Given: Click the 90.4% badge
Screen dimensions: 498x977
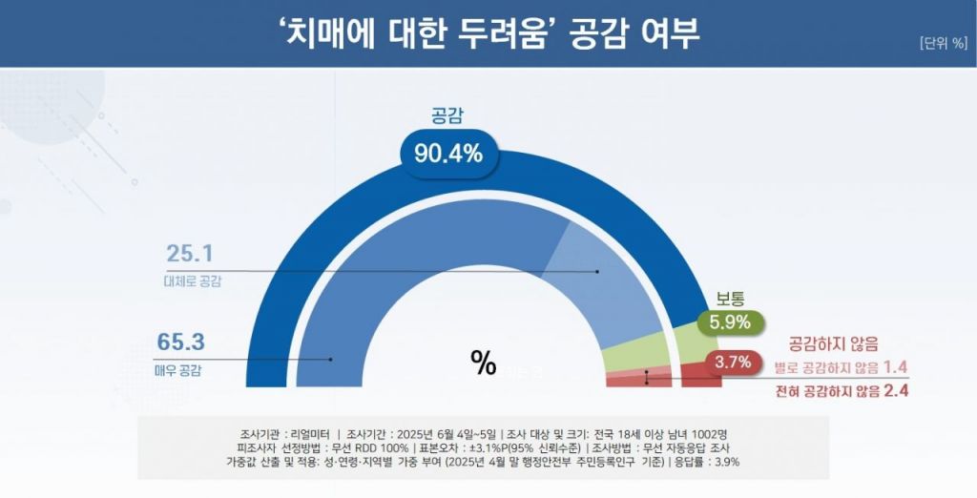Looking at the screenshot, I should (448, 153).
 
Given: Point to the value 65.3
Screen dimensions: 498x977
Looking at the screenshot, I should (184, 341).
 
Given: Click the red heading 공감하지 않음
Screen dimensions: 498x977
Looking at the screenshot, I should (833, 342).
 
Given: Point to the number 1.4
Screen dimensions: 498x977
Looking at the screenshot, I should (894, 367).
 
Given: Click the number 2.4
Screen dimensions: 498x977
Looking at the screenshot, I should (894, 390).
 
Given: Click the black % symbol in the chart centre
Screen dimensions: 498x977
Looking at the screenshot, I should (484, 363).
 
